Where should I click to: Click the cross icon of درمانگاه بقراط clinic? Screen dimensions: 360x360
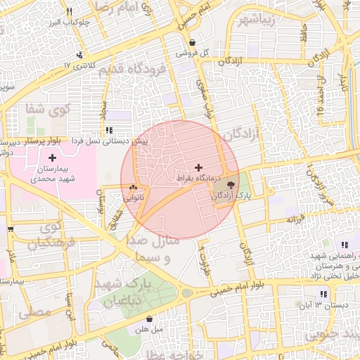199,167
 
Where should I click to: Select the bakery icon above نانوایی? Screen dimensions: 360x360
134,188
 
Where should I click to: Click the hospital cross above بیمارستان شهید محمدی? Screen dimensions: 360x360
52,157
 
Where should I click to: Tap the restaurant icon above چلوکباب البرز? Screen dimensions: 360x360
69,12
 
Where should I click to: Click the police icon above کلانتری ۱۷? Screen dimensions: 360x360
82,55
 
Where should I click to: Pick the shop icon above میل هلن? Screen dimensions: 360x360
149,319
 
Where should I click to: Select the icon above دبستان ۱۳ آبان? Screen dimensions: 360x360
323,294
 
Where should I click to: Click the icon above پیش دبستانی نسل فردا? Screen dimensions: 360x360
108,131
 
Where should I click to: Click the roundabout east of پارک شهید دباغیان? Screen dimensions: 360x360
186,292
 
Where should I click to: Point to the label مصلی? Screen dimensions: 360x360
33,310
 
